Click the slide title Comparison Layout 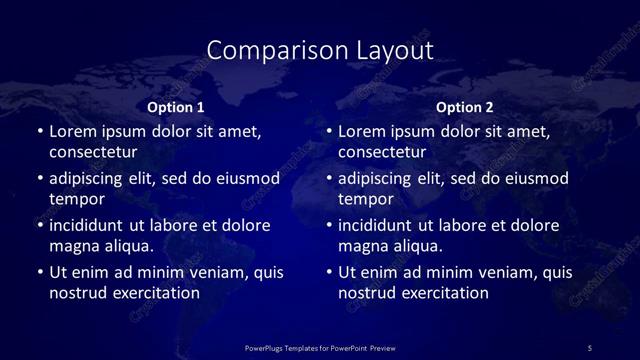click(320, 49)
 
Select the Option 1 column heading click(176, 107)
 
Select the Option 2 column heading click(465, 107)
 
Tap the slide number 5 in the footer click(589, 347)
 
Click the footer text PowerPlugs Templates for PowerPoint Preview click(320, 347)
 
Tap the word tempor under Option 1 click(73, 199)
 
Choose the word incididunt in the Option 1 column click(91, 225)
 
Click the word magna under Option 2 click(362, 245)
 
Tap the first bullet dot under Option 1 click(39, 132)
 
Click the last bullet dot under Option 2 click(329, 272)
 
